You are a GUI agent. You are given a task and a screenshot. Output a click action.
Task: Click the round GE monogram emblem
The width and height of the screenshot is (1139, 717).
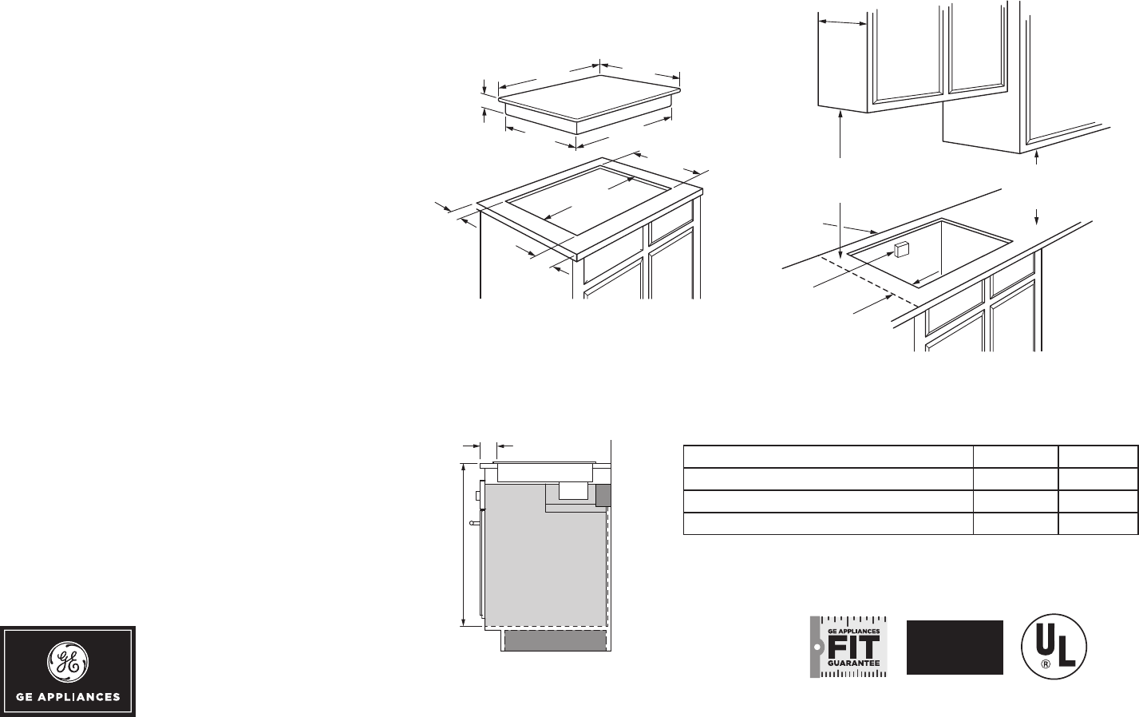pyautogui.click(x=68, y=659)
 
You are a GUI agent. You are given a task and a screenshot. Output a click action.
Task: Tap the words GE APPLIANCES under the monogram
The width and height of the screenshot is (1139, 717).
pyautogui.click(x=68, y=696)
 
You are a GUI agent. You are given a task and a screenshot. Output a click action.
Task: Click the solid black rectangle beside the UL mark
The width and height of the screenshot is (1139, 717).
pyautogui.click(x=955, y=647)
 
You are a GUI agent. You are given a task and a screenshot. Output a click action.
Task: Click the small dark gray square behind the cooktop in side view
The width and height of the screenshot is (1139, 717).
pyautogui.click(x=603, y=495)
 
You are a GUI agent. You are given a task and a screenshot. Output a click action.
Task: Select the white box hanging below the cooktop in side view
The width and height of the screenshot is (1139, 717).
pyautogui.click(x=572, y=490)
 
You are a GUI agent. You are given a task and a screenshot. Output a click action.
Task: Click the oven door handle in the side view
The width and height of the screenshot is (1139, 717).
pyautogui.click(x=474, y=523)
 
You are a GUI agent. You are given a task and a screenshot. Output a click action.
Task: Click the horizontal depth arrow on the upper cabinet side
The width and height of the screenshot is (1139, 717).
pyautogui.click(x=843, y=23)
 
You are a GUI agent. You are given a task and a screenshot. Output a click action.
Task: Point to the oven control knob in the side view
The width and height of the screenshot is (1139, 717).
pyautogui.click(x=477, y=496)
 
